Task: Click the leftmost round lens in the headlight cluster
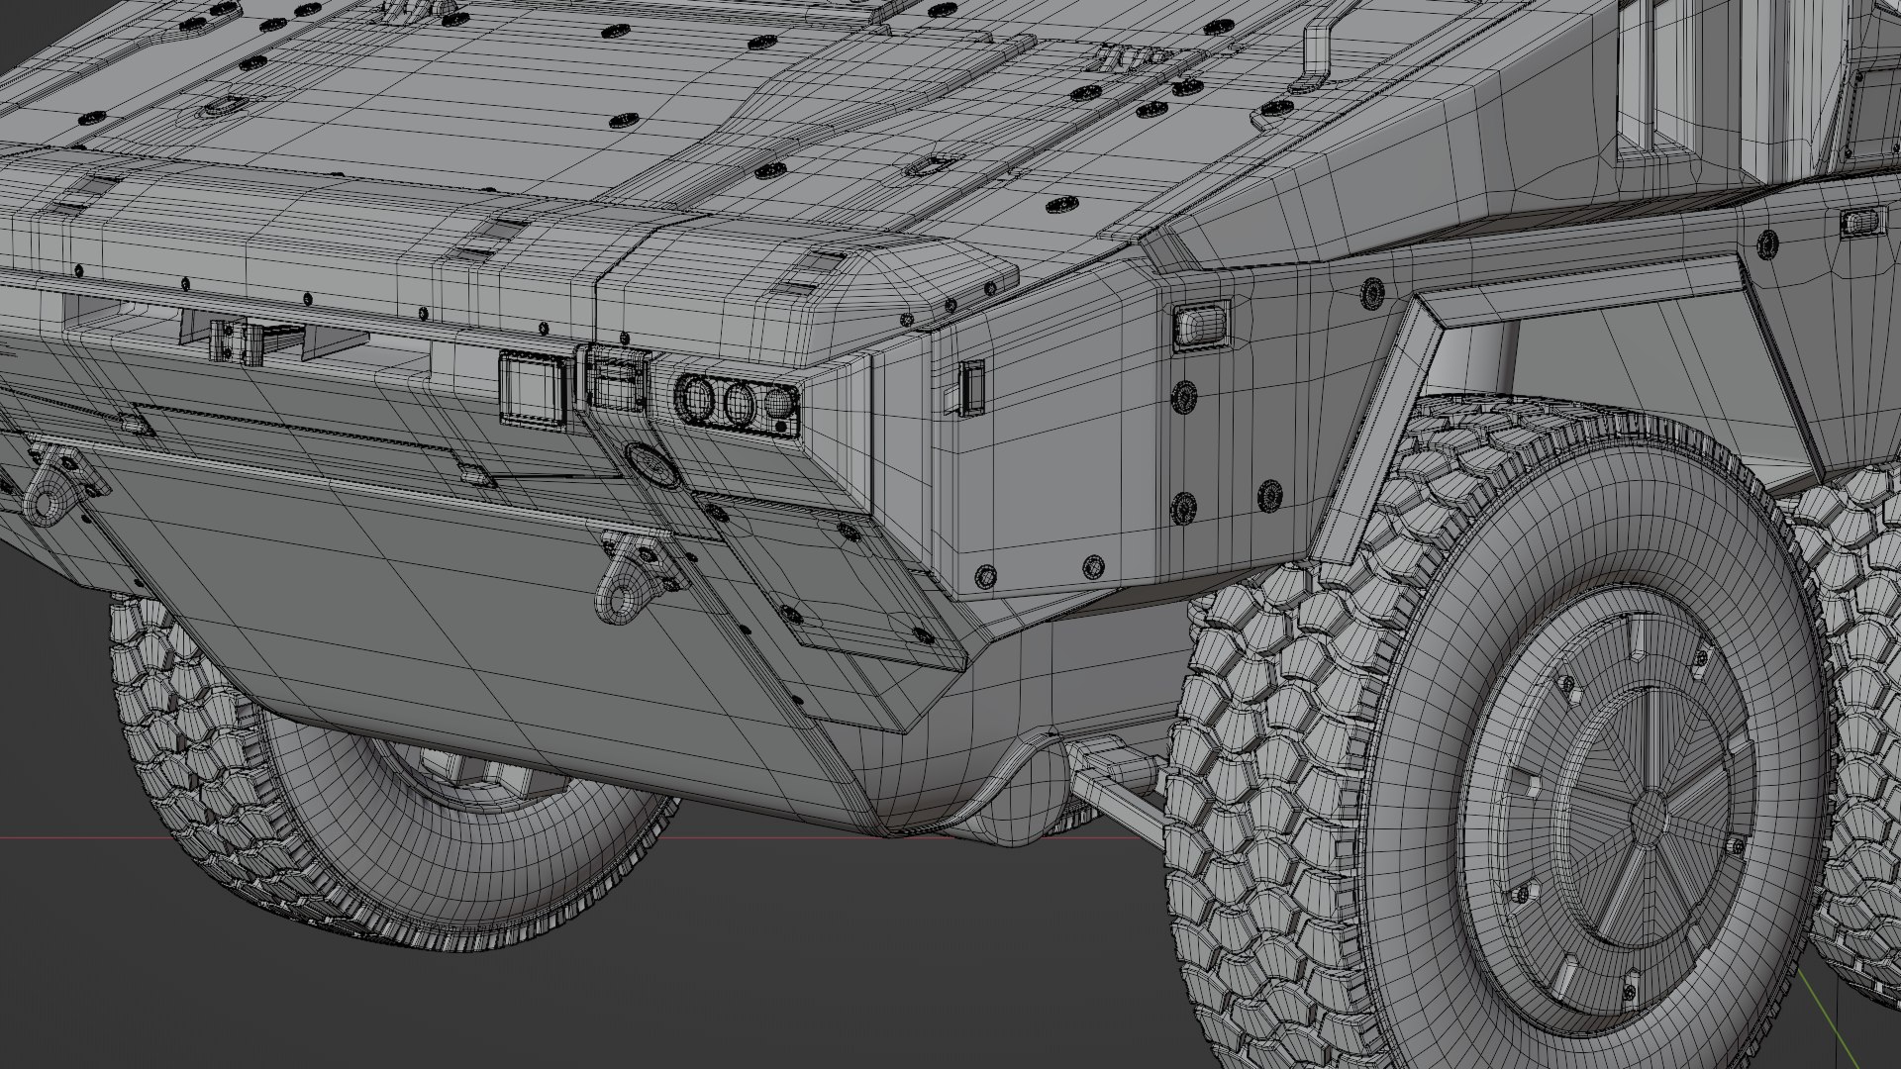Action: (x=694, y=399)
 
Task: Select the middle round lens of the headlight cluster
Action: (x=739, y=402)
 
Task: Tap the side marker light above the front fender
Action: (x=1200, y=325)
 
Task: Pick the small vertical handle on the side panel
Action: (x=972, y=387)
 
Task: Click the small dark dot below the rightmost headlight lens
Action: (x=781, y=427)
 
